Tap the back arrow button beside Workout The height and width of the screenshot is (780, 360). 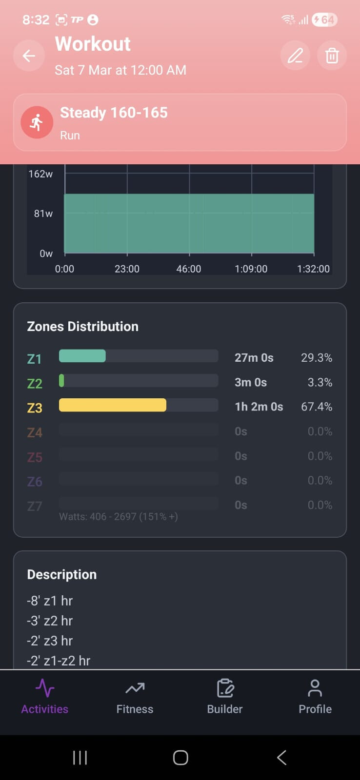click(29, 56)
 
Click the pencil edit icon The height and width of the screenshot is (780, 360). click(295, 56)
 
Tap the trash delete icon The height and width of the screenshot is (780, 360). click(332, 56)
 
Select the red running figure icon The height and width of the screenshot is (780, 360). click(37, 122)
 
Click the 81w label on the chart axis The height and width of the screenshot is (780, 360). click(43, 214)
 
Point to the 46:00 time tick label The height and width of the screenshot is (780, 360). click(189, 269)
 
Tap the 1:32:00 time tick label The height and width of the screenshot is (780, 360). click(313, 269)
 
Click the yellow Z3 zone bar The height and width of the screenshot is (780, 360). click(112, 405)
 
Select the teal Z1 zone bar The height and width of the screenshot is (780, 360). click(82, 356)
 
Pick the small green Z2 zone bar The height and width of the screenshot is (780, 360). click(61, 380)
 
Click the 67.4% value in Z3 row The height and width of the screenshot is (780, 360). click(317, 407)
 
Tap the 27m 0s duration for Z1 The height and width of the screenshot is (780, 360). click(254, 358)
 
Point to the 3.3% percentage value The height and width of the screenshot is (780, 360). click(320, 382)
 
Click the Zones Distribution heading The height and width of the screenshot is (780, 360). click(82, 327)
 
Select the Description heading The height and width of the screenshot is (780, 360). click(61, 574)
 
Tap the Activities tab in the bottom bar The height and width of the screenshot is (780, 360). click(44, 697)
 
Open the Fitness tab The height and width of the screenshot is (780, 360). click(135, 697)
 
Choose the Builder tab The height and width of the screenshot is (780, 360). click(224, 697)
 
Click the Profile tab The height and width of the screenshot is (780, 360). click(315, 697)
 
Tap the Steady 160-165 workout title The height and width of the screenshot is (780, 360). click(114, 113)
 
